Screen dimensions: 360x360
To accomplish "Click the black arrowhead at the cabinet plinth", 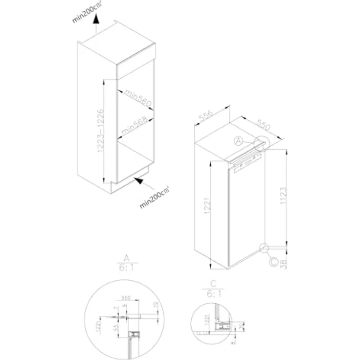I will pyautogui.click(x=139, y=181).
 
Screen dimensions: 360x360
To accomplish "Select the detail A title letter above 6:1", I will pyautogui.click(x=126, y=258).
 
